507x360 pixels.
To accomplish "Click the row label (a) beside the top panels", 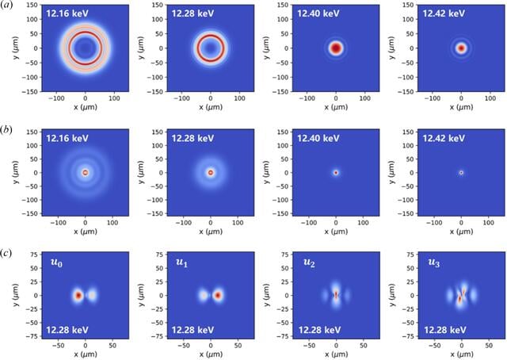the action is pyautogui.click(x=6, y=6).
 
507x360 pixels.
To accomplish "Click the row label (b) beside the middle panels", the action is pyautogui.click(x=6, y=129).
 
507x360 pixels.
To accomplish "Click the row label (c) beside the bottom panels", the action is pyautogui.click(x=6, y=253).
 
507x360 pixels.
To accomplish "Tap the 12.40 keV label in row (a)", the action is pyautogui.click(x=318, y=13).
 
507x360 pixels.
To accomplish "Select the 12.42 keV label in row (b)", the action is pyautogui.click(x=444, y=138).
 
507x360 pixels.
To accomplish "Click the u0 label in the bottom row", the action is pyautogui.click(x=56, y=262).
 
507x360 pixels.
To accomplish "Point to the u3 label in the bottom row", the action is pyautogui.click(x=433, y=262).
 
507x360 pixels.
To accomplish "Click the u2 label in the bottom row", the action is pyautogui.click(x=309, y=262).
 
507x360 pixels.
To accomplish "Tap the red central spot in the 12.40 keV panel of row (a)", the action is pyautogui.click(x=336, y=48).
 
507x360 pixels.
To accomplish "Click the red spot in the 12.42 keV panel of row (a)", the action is pyautogui.click(x=461, y=48).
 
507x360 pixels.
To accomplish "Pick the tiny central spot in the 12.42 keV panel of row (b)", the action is pyautogui.click(x=461, y=173).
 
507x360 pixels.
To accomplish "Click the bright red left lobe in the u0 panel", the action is pyautogui.click(x=78, y=295).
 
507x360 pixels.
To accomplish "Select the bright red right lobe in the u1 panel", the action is pyautogui.click(x=218, y=295).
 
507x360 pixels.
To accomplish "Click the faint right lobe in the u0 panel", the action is pyautogui.click(x=92, y=295).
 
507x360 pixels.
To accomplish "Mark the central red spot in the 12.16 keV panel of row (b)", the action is pyautogui.click(x=85, y=173).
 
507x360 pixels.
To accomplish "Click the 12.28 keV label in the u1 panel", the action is pyautogui.click(x=193, y=330).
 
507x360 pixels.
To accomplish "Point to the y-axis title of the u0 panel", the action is pyautogui.click(x=16, y=295).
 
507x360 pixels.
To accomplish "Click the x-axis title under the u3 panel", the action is pyautogui.click(x=461, y=354).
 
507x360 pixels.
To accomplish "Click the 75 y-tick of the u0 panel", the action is pyautogui.click(x=34, y=254).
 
